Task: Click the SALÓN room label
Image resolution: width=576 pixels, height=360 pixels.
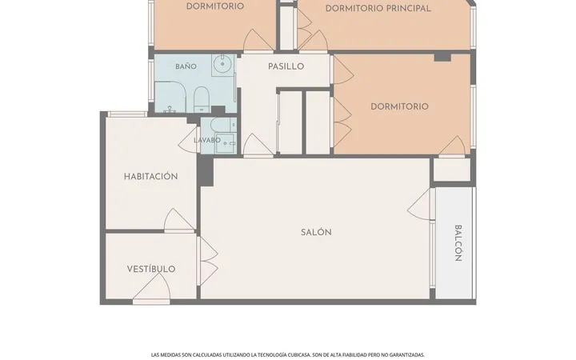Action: (316, 232)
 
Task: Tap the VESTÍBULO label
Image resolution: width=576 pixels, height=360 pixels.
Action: (151, 269)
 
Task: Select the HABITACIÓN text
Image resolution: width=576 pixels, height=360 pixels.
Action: (150, 176)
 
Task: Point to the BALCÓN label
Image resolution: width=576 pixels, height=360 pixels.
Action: (458, 243)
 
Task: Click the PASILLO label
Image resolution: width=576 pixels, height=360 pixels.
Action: (286, 66)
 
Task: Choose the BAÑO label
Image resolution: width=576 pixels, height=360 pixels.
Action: (186, 66)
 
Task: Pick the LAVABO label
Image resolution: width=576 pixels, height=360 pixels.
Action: (207, 140)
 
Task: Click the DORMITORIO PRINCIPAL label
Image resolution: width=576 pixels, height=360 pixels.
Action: (378, 8)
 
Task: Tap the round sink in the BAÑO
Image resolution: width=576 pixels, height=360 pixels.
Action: (222, 63)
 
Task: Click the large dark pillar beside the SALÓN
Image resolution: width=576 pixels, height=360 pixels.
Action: (206, 170)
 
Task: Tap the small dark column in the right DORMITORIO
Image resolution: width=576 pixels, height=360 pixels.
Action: (442, 56)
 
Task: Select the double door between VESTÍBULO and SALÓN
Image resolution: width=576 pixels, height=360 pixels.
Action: (207, 261)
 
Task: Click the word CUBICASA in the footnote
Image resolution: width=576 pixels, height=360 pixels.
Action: (299, 355)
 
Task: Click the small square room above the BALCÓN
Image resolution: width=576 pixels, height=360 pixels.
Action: (452, 170)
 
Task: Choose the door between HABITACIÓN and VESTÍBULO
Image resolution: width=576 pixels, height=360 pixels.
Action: (179, 221)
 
